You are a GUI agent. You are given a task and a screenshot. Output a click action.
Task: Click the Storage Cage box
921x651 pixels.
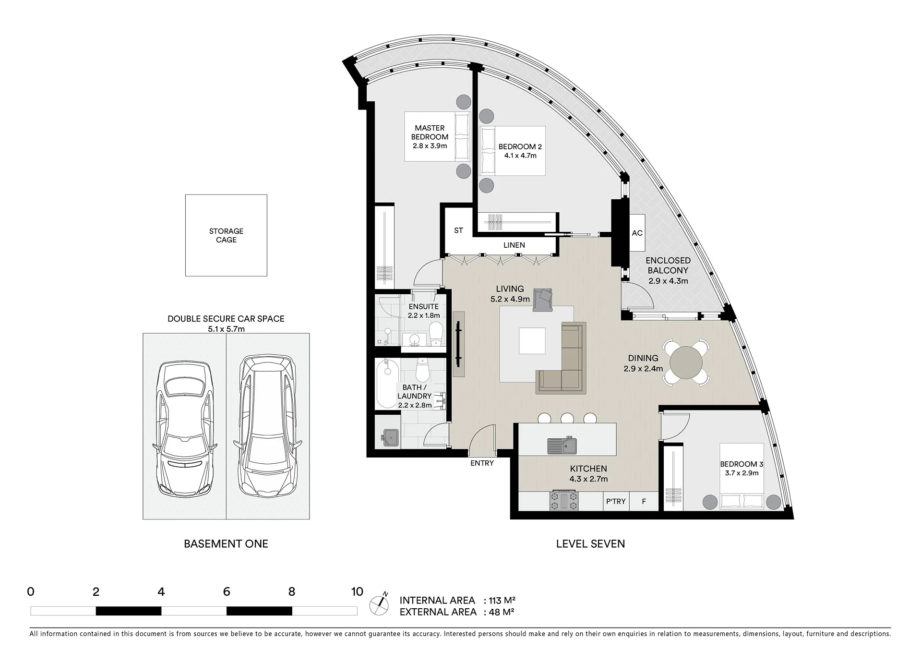(x=226, y=235)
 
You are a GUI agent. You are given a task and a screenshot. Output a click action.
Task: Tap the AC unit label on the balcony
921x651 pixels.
(x=637, y=233)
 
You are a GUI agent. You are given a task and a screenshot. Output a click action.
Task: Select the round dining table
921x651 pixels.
(x=686, y=362)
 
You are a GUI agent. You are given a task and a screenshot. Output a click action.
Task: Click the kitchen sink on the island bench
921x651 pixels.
(x=562, y=446)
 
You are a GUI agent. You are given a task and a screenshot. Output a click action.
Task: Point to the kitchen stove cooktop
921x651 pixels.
(x=564, y=501)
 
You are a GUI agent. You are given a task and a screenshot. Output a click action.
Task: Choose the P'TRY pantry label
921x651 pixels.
(x=616, y=501)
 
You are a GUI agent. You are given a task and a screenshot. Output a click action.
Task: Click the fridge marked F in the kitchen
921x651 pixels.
(x=644, y=501)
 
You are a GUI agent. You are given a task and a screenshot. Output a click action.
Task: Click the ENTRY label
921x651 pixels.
(x=482, y=463)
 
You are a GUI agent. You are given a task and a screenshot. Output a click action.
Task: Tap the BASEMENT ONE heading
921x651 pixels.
(x=226, y=544)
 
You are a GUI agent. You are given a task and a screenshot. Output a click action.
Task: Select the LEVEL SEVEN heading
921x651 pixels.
(x=590, y=544)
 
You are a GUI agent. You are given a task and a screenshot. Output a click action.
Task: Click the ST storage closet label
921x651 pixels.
(x=458, y=230)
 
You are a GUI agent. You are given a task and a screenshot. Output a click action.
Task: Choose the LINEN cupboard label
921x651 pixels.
(x=514, y=245)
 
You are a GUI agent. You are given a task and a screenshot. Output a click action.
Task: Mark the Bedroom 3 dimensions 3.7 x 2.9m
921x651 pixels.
(x=742, y=473)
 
